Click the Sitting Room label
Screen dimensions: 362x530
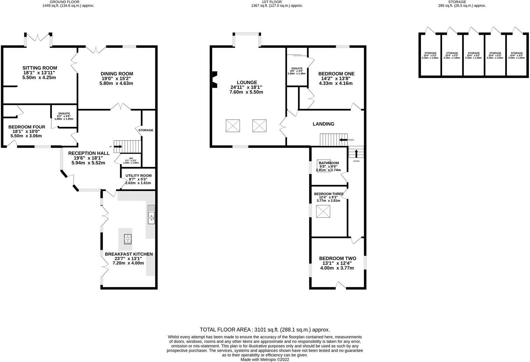[40, 68]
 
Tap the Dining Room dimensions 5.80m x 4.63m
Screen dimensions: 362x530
[116, 83]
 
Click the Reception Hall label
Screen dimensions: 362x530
[89, 153]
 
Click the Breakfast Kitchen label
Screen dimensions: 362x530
[129, 254]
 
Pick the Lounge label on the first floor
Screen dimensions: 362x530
[249, 82]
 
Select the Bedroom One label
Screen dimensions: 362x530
[336, 74]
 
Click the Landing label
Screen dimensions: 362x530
[323, 124]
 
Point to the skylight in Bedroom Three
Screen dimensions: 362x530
[323, 212]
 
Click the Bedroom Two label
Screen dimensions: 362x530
[337, 258]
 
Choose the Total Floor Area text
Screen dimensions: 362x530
[265, 330]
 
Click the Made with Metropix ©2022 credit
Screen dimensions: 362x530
[265, 360]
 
